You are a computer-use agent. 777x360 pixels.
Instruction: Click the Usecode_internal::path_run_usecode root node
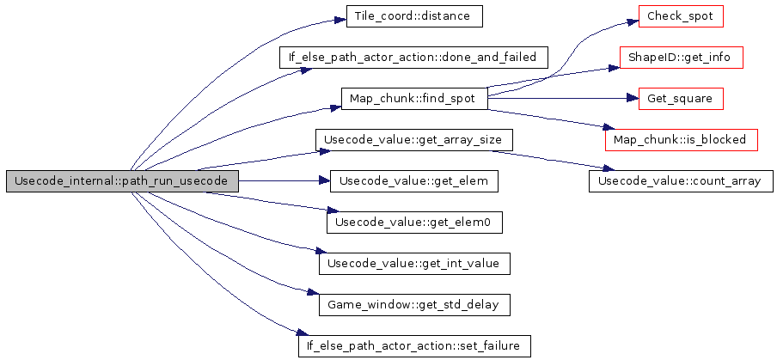pyautogui.click(x=122, y=181)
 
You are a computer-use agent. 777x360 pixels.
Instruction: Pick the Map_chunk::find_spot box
pyautogui.click(x=413, y=99)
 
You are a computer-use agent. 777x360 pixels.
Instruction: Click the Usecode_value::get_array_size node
pyautogui.click(x=413, y=140)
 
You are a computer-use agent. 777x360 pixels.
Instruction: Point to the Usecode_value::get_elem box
pyautogui.click(x=413, y=181)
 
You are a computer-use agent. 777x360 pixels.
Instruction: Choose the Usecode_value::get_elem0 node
pyautogui.click(x=413, y=223)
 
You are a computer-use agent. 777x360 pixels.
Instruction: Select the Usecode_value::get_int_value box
pyautogui.click(x=413, y=264)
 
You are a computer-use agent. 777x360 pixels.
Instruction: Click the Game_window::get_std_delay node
pyautogui.click(x=413, y=305)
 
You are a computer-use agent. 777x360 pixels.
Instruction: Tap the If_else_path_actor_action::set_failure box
pyautogui.click(x=413, y=346)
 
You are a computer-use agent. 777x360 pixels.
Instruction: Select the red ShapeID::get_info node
pyautogui.click(x=680, y=58)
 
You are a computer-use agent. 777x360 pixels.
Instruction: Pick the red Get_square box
pyautogui.click(x=680, y=99)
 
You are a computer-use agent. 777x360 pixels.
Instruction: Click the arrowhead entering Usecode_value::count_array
pyautogui.click(x=610, y=169)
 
